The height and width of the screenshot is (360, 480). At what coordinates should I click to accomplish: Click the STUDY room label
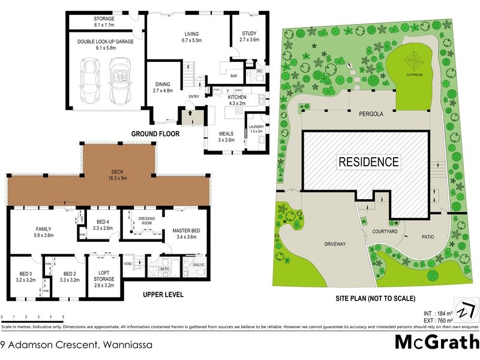(x=248, y=33)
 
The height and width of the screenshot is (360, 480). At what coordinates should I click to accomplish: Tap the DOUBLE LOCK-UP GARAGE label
(x=105, y=41)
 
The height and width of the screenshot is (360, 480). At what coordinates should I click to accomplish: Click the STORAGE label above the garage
(x=104, y=19)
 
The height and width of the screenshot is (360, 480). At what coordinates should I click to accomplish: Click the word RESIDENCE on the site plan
(x=368, y=161)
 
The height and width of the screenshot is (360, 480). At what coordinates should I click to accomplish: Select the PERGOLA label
(x=371, y=113)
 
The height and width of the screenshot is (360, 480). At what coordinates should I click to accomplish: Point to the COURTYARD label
(x=385, y=231)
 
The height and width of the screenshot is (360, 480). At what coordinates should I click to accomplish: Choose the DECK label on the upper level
(x=116, y=170)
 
